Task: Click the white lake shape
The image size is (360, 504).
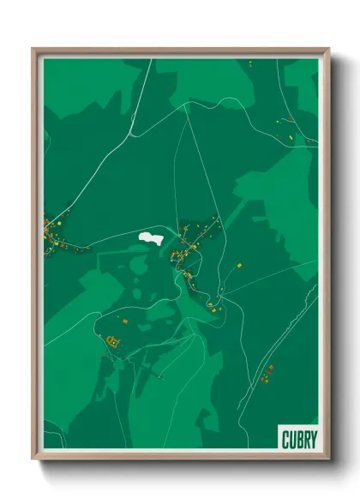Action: [x=151, y=237]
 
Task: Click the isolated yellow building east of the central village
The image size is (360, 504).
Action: [x=240, y=267]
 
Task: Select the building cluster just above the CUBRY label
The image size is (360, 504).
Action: [x=267, y=373]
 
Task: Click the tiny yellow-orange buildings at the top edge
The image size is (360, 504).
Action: [x=249, y=63]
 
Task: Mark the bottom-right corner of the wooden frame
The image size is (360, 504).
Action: [x=328, y=459]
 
